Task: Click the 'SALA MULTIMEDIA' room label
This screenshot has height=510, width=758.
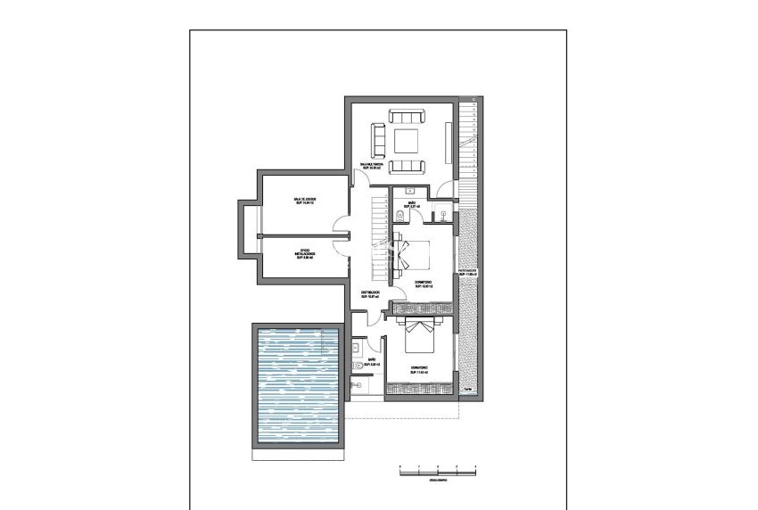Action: (x=372, y=165)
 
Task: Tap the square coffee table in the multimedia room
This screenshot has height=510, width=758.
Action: (x=408, y=141)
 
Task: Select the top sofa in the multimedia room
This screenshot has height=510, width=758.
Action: (x=408, y=117)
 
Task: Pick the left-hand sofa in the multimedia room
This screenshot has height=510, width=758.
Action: (x=378, y=141)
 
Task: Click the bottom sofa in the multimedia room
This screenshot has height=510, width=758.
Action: (x=408, y=165)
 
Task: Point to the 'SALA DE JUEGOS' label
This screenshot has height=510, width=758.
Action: (x=305, y=201)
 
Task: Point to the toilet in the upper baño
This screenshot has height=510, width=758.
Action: (x=397, y=217)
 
